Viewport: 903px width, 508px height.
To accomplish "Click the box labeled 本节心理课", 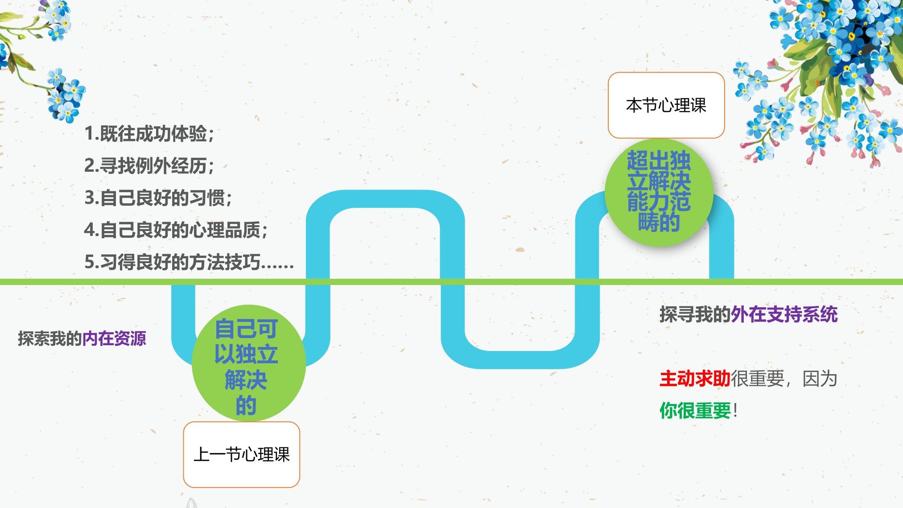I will pyautogui.click(x=666, y=105).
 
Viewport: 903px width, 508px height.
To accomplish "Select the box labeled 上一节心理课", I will pyautogui.click(x=241, y=454).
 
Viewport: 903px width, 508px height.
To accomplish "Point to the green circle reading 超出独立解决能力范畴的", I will pyautogui.click(x=659, y=192).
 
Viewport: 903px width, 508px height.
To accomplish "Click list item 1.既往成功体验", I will pyautogui.click(x=149, y=134).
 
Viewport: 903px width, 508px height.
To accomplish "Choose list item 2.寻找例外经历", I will pyautogui.click(x=149, y=166).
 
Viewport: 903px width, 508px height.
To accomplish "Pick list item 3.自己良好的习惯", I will pyautogui.click(x=158, y=198).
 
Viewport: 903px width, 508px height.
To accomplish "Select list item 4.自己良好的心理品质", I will pyautogui.click(x=176, y=230).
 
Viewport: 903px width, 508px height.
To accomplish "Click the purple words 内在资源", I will pyautogui.click(x=114, y=339).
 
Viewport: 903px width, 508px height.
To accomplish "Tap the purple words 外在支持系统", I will pyautogui.click(x=784, y=314).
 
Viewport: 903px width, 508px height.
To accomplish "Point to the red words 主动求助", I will pyautogui.click(x=695, y=379).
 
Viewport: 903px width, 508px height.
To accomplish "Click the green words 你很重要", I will pyautogui.click(x=695, y=410).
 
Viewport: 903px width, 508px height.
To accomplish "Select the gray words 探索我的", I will pyautogui.click(x=49, y=339).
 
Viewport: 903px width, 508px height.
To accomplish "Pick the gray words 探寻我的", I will pyautogui.click(x=695, y=314).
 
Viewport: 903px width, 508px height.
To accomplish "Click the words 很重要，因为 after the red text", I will pyautogui.click(x=783, y=379).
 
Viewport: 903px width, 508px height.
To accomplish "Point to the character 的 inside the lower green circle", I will pyautogui.click(x=246, y=405).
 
